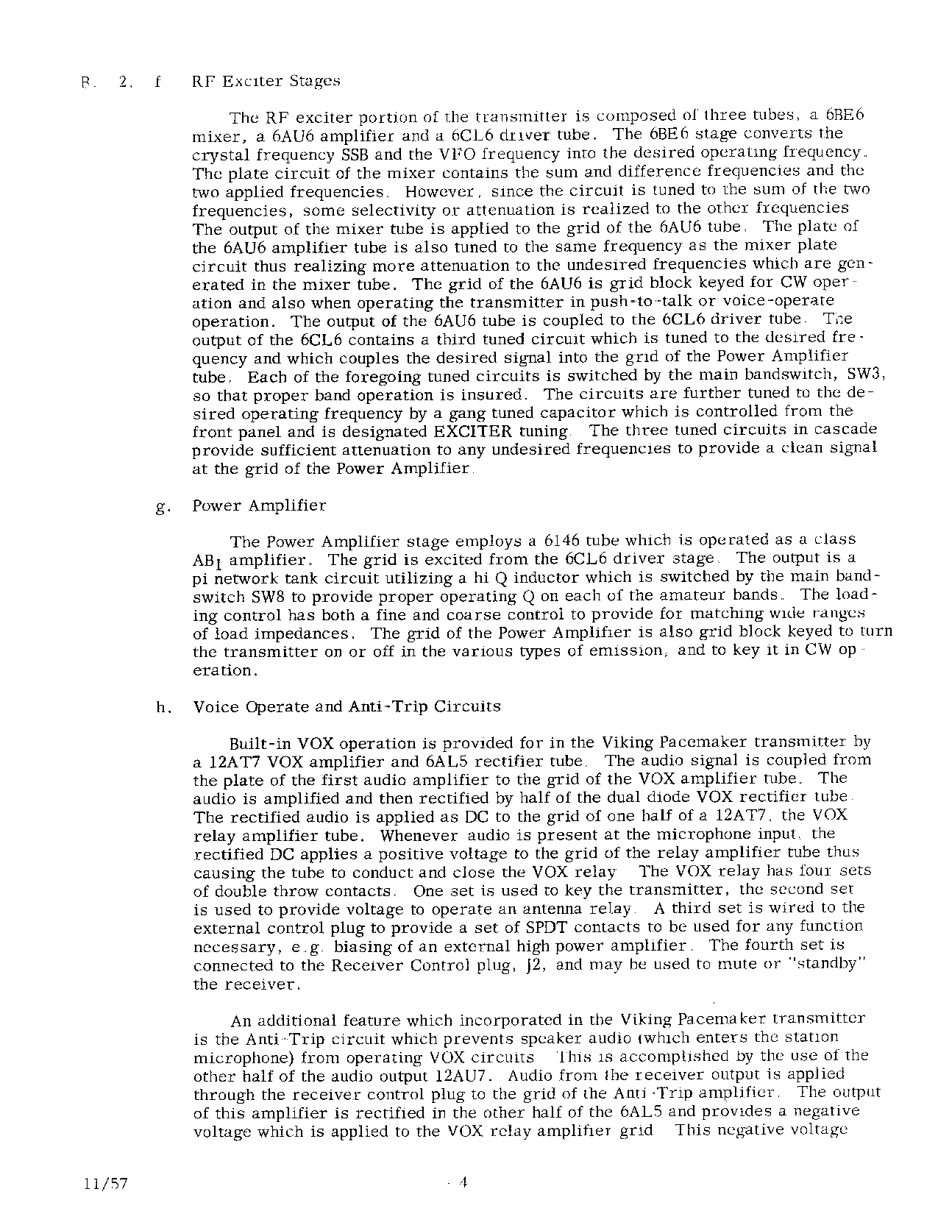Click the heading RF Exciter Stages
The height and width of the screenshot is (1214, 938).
tap(266, 81)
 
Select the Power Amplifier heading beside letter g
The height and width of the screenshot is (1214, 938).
tap(259, 505)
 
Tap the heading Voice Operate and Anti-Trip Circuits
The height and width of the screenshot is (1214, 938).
tap(347, 707)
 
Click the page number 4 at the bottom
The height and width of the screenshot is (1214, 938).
tap(463, 1182)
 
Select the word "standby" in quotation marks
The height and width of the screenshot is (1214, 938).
tap(826, 965)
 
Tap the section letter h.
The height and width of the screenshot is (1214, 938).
tap(163, 709)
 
